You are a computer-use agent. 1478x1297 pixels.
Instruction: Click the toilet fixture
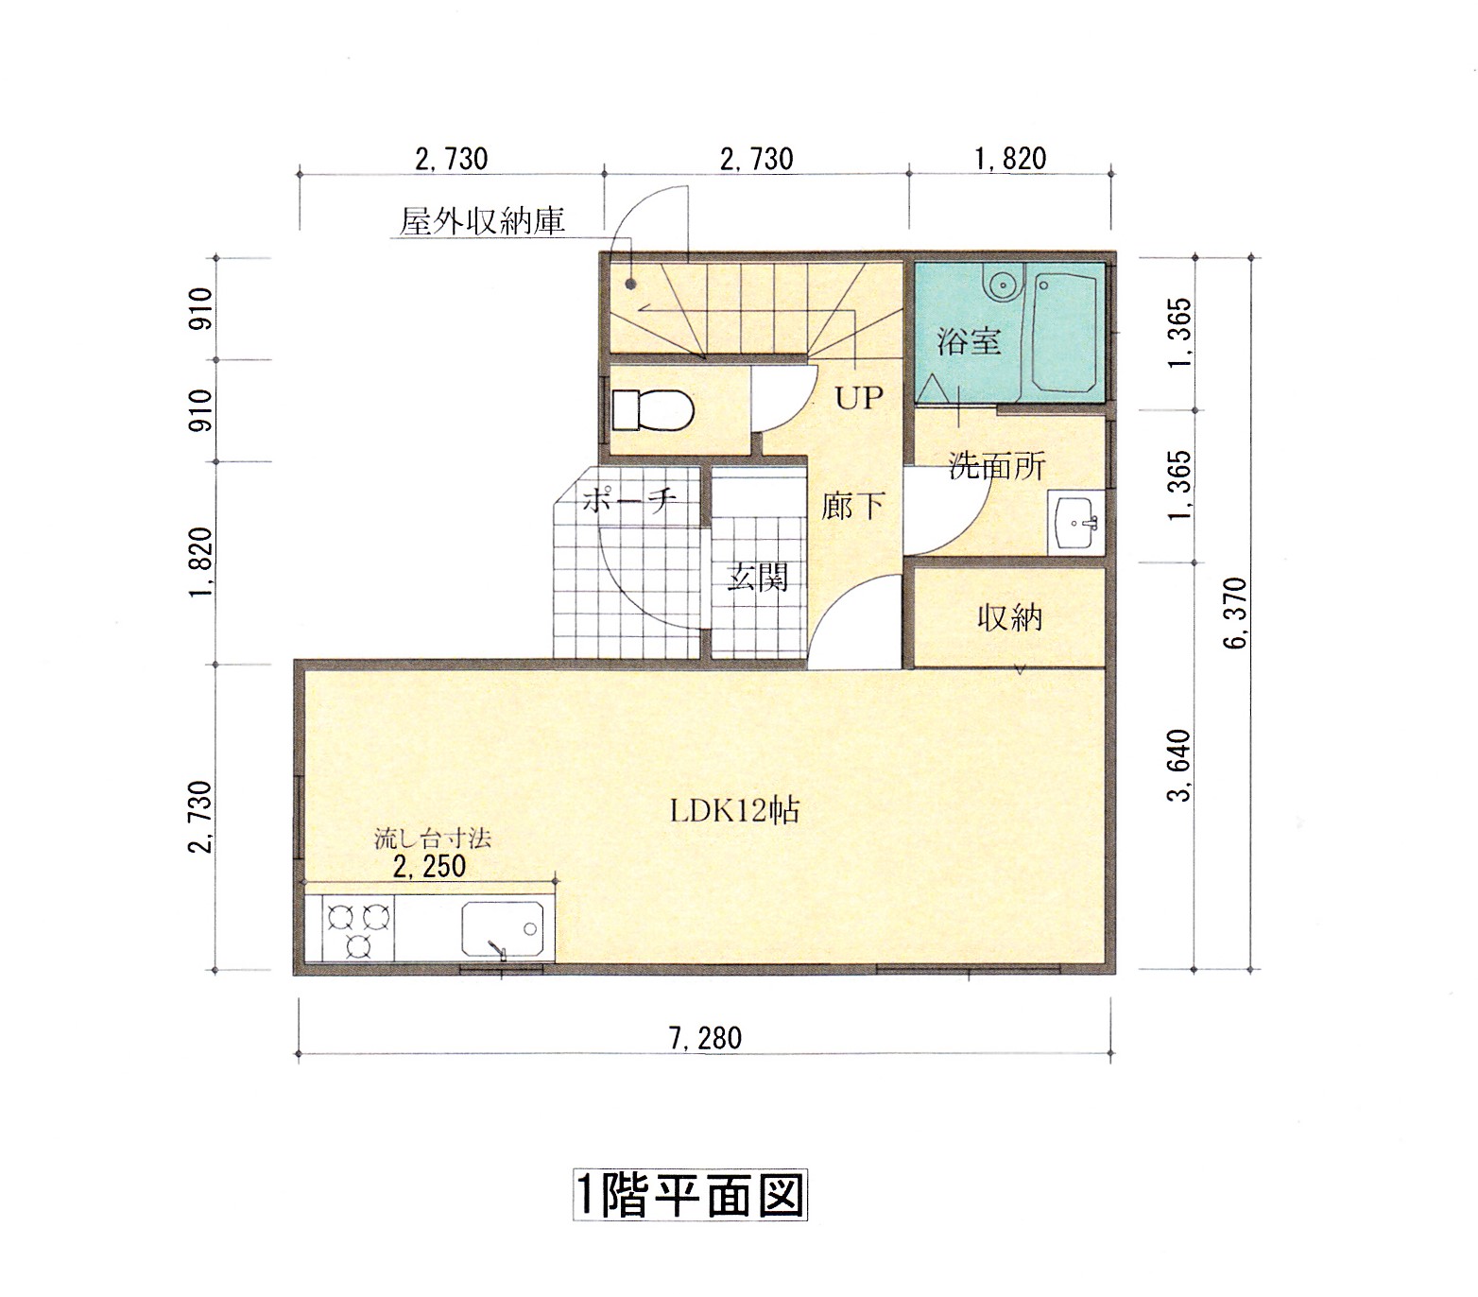pos(654,410)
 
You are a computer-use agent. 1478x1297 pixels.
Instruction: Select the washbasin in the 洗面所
pos(1075,521)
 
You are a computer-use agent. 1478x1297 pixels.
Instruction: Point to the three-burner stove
pos(358,930)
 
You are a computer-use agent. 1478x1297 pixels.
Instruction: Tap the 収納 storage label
pos(1009,618)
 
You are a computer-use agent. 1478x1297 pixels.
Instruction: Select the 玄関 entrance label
pos(757,577)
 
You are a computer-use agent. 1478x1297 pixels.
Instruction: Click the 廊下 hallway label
pos(852,507)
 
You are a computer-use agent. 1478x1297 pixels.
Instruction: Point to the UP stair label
pos(858,398)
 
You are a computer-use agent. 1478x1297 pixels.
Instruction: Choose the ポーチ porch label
pos(627,499)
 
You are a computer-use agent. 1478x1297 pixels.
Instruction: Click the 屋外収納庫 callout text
pos(482,221)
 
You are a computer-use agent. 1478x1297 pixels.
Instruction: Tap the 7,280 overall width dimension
pos(705,1038)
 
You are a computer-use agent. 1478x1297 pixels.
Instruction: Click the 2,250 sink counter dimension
pos(430,866)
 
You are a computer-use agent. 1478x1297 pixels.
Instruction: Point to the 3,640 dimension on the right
pos(1180,766)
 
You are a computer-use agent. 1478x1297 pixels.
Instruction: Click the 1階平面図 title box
pos(690,1196)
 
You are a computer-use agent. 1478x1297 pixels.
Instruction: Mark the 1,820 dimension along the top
pos(1010,158)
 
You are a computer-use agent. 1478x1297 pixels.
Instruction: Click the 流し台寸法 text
pos(432,838)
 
